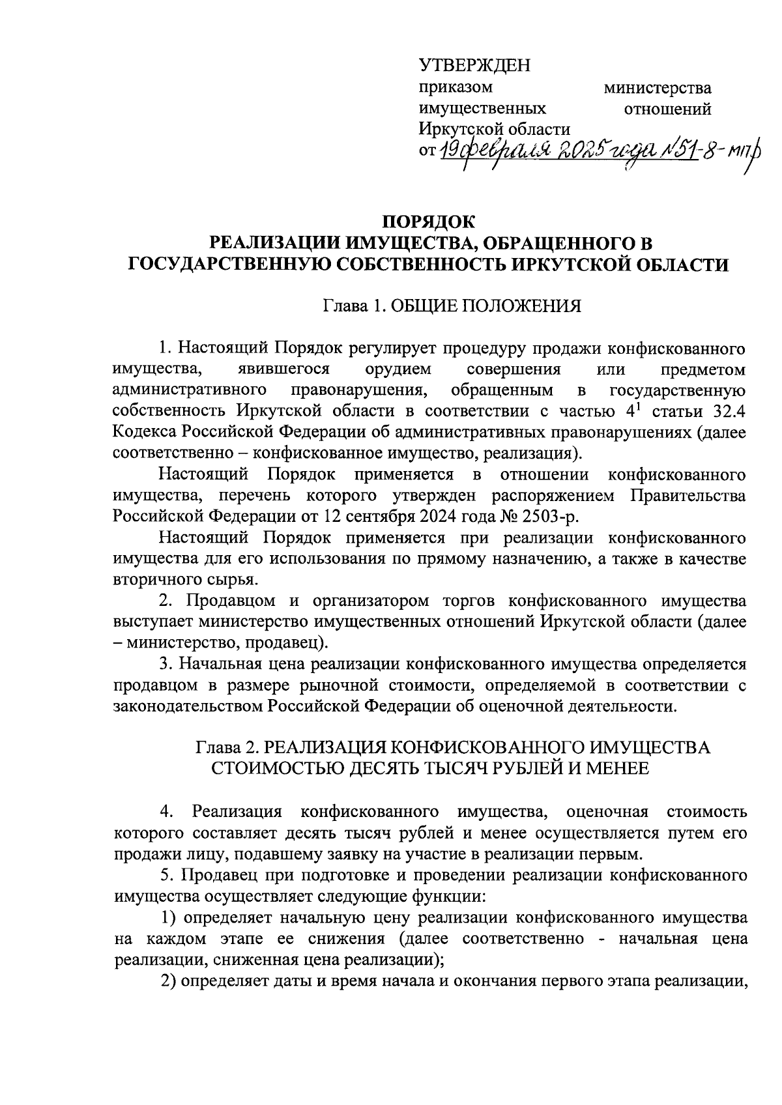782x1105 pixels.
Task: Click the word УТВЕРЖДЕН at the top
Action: click(x=474, y=66)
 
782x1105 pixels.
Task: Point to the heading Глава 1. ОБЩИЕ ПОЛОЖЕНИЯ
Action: click(x=452, y=306)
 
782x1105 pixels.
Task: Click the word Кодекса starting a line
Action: click(x=145, y=432)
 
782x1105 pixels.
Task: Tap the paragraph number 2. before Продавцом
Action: click(x=166, y=601)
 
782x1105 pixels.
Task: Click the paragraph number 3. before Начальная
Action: click(x=166, y=664)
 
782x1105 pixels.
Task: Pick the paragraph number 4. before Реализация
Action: click(x=167, y=812)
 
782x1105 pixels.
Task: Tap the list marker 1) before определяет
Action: click(x=169, y=917)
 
